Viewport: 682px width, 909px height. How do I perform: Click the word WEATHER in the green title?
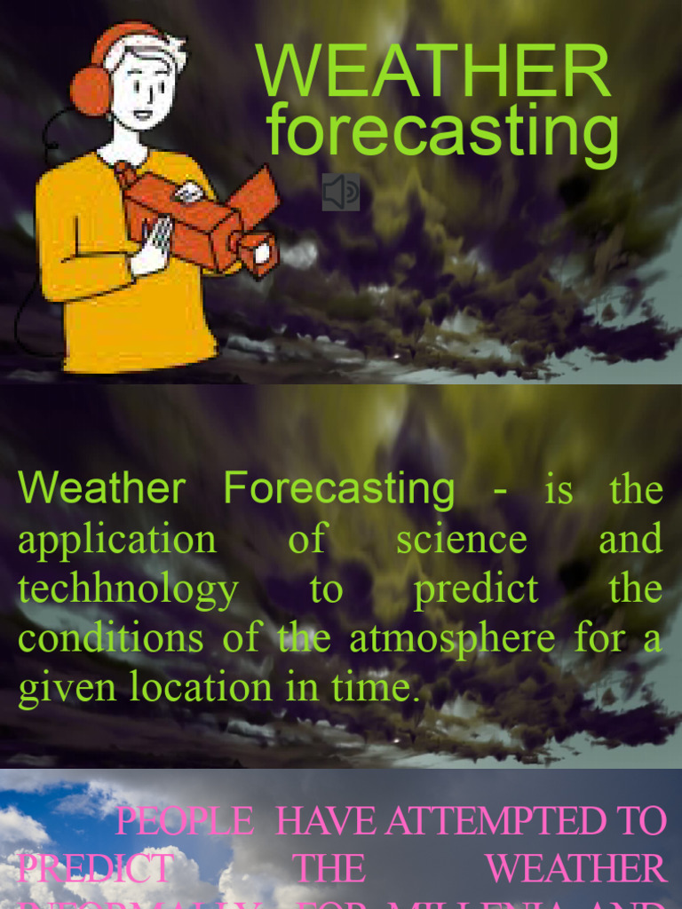tap(433, 71)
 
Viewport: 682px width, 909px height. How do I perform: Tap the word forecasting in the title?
tap(442, 131)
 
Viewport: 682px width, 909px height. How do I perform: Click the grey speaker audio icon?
tap(341, 192)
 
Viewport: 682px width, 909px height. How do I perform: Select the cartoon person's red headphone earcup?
tap(90, 89)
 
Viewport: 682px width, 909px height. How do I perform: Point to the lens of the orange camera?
tap(260, 252)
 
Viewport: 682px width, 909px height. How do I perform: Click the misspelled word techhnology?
tap(128, 589)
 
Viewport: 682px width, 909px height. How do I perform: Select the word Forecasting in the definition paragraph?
tap(338, 488)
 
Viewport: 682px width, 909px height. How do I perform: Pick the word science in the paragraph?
tap(461, 539)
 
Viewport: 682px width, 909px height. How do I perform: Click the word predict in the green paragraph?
tap(476, 589)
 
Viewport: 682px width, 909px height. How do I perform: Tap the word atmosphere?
tap(441, 637)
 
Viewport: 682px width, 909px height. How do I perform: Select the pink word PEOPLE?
tap(185, 821)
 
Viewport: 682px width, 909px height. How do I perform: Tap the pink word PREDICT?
tap(95, 869)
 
